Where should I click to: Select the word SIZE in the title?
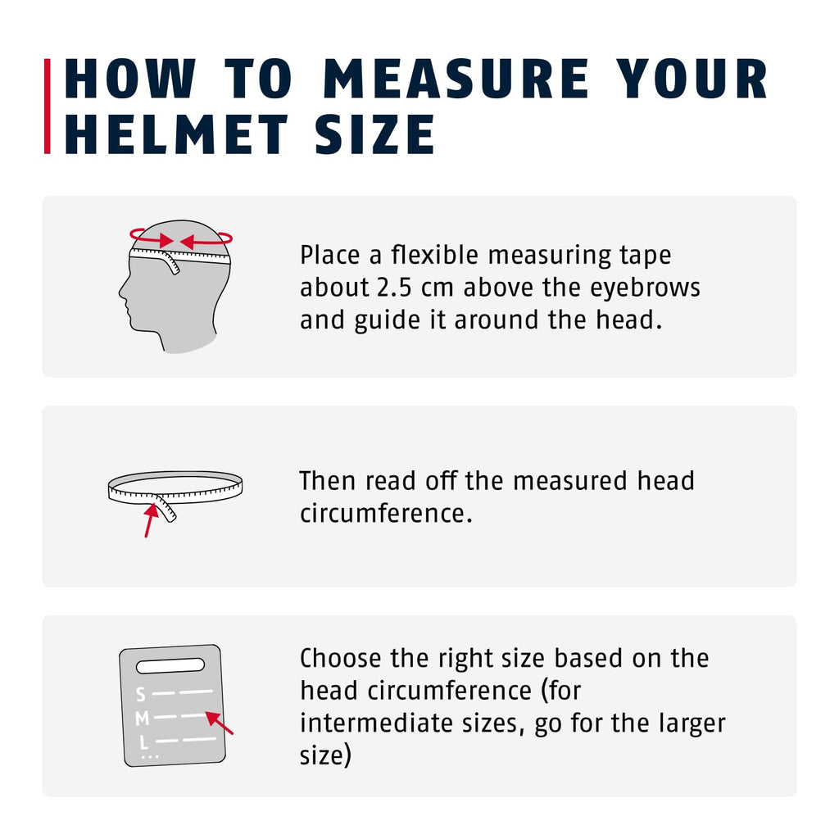click(x=374, y=134)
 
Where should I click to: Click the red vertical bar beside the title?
click(x=47, y=106)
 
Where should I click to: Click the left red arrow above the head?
click(x=151, y=238)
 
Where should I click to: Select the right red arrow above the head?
click(x=206, y=239)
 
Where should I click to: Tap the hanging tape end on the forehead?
click(x=170, y=263)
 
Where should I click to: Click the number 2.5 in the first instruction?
click(x=394, y=288)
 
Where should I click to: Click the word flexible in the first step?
click(x=434, y=255)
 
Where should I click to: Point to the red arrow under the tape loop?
click(x=151, y=519)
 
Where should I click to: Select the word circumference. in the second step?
click(x=386, y=514)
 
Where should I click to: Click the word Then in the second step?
click(x=327, y=480)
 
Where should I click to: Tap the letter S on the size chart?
click(x=140, y=695)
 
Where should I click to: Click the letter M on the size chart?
click(x=142, y=719)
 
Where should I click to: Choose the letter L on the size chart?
click(x=143, y=742)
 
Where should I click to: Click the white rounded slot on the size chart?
click(x=170, y=665)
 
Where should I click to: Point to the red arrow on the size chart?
click(x=220, y=723)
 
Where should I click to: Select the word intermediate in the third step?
click(x=376, y=723)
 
